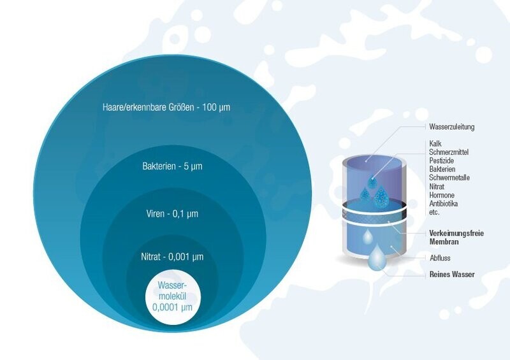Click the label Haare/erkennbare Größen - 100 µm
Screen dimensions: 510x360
(166, 107)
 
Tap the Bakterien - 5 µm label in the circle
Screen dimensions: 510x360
(172, 166)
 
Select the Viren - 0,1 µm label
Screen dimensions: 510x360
(172, 213)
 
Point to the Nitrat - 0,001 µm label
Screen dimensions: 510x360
(172, 257)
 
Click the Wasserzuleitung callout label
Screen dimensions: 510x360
(452, 127)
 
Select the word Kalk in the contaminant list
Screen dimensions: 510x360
(435, 143)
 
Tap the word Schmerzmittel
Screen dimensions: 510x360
(449, 152)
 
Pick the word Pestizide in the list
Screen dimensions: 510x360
(441, 161)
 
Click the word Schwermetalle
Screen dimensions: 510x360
(449, 178)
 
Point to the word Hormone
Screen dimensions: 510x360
(442, 195)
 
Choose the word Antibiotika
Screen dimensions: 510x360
(443, 204)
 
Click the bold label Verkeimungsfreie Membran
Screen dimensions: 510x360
(456, 238)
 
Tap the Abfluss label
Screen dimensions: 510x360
(440, 258)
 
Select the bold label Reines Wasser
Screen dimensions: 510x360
(452, 274)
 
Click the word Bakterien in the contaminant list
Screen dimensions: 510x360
(442, 169)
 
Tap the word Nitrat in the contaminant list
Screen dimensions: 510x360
(437, 187)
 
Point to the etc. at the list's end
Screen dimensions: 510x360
(434, 212)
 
